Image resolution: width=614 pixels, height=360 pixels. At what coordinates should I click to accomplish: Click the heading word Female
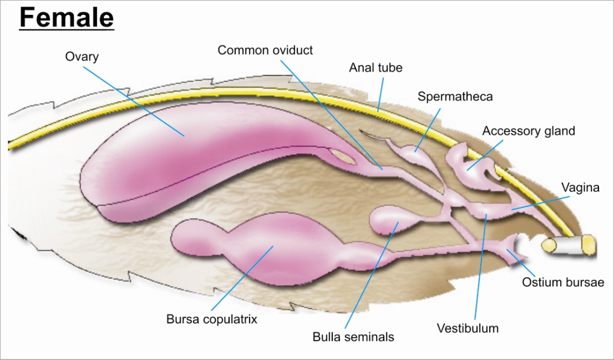click(x=66, y=18)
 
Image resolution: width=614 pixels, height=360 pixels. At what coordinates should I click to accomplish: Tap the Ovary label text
click(x=82, y=57)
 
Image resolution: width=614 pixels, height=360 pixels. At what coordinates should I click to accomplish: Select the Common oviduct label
click(x=265, y=50)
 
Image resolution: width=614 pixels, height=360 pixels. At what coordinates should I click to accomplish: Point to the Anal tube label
click(x=375, y=68)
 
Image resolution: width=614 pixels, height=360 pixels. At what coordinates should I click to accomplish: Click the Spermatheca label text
click(x=455, y=96)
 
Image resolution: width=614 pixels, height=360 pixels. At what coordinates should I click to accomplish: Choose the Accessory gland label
click(x=528, y=131)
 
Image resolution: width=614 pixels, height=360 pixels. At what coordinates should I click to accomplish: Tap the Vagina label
click(x=580, y=188)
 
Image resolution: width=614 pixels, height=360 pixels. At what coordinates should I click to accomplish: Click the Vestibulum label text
click(x=468, y=328)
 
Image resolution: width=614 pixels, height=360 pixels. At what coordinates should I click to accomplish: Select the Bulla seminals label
click(x=353, y=337)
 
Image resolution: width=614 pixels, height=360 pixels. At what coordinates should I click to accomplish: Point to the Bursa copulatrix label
click(x=212, y=319)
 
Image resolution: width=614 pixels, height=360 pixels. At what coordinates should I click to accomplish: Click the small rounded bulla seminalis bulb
click(x=387, y=220)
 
